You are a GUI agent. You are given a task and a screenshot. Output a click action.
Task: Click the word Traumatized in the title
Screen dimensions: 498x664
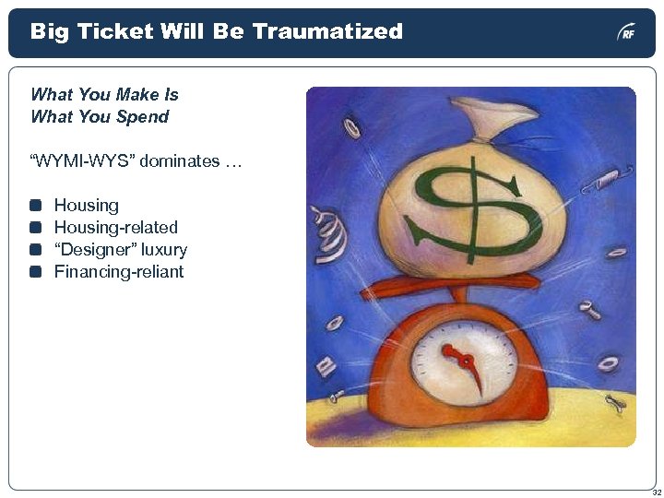point(327,31)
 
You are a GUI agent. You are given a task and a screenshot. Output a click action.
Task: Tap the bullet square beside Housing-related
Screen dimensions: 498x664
point(36,228)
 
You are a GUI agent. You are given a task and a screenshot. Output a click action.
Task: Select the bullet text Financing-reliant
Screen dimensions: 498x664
point(119,272)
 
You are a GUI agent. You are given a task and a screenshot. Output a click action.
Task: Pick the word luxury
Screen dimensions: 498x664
point(164,250)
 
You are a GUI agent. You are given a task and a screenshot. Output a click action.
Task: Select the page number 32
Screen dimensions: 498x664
point(656,492)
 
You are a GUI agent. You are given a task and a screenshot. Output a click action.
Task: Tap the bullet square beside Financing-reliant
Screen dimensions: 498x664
point(36,272)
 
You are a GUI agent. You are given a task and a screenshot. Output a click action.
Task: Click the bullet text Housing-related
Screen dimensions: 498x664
point(116,228)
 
